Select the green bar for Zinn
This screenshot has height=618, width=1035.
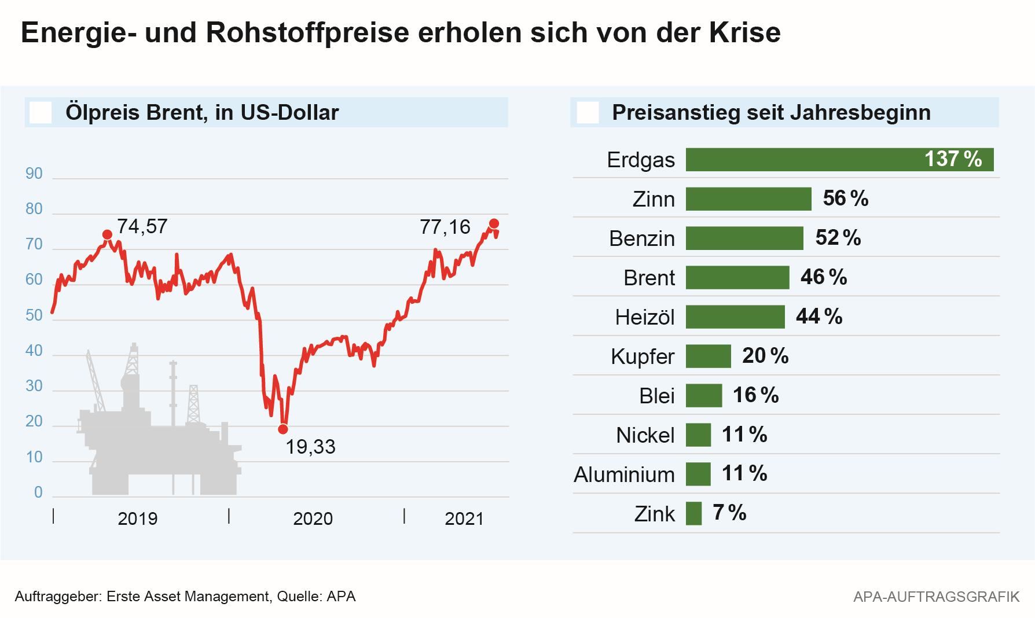(748, 199)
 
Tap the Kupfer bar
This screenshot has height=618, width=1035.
(708, 356)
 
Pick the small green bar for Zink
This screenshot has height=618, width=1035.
(693, 514)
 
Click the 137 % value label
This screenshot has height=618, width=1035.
(953, 159)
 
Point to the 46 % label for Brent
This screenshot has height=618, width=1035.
(823, 277)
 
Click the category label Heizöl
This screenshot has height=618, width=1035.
(645, 317)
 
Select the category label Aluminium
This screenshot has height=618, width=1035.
(624, 474)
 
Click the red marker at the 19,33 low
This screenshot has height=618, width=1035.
(282, 429)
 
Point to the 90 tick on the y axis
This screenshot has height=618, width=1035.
(34, 174)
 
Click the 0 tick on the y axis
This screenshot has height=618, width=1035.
(38, 492)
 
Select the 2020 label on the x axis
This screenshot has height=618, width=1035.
(313, 518)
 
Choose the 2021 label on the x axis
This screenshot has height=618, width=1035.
(464, 518)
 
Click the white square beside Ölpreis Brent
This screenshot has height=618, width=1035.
(41, 112)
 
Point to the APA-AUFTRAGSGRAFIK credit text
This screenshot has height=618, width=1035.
(936, 597)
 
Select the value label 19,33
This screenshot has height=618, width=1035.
(310, 447)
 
